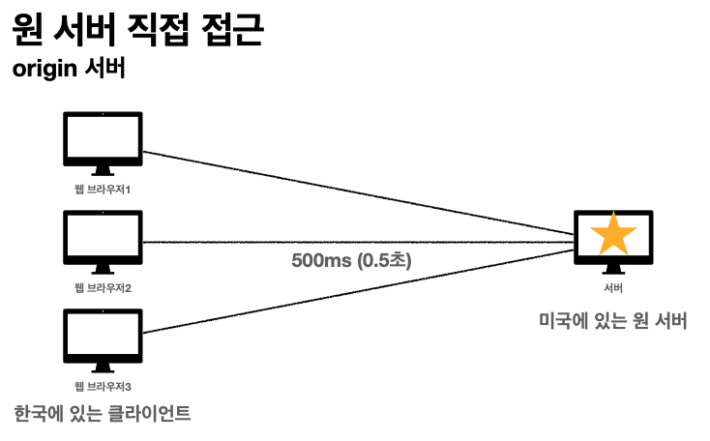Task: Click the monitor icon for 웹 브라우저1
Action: point(103,142)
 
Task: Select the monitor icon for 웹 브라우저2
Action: point(103,241)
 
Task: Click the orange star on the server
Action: point(612,235)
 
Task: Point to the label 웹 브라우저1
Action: point(103,189)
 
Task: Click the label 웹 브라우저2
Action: point(103,287)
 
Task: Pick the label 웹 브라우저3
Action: point(103,386)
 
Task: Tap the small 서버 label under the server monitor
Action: point(612,288)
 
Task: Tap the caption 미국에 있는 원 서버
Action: point(612,321)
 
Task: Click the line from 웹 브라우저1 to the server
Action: point(358,192)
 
